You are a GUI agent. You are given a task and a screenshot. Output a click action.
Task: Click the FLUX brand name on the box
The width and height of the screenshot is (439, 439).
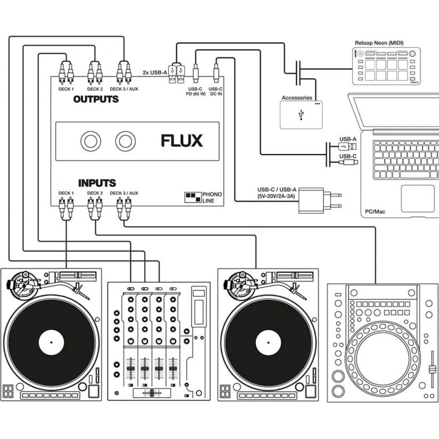[181, 141]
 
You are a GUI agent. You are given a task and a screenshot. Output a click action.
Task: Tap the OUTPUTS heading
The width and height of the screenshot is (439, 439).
[96, 99]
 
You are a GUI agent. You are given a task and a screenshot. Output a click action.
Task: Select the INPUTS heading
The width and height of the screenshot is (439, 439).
[97, 183]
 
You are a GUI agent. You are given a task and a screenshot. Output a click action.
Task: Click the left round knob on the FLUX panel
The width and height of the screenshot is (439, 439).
[91, 141]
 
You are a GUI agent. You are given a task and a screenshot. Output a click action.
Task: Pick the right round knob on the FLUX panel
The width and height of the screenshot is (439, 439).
[126, 141]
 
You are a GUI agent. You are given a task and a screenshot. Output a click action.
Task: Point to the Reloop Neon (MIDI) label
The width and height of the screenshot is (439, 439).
[379, 43]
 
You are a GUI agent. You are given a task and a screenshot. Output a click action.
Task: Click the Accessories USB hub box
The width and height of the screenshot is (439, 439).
[301, 115]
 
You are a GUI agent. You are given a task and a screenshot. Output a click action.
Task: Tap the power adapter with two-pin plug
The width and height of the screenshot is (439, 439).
[314, 200]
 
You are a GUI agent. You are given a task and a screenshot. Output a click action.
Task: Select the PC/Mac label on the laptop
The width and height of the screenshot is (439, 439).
[375, 212]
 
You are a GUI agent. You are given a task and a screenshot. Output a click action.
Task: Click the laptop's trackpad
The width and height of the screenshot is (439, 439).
[417, 198]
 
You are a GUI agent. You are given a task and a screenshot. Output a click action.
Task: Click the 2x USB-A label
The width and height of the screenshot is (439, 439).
[155, 72]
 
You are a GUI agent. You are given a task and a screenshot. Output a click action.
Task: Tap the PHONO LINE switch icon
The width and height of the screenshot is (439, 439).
[192, 197]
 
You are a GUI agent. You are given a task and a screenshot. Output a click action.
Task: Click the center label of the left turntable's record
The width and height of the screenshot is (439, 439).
[51, 342]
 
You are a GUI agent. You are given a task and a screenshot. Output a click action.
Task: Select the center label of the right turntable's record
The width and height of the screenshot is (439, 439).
[269, 342]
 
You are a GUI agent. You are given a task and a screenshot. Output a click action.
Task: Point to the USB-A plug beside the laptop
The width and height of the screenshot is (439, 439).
[348, 146]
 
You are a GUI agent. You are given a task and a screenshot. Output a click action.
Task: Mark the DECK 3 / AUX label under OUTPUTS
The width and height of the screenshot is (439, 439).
[124, 89]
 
